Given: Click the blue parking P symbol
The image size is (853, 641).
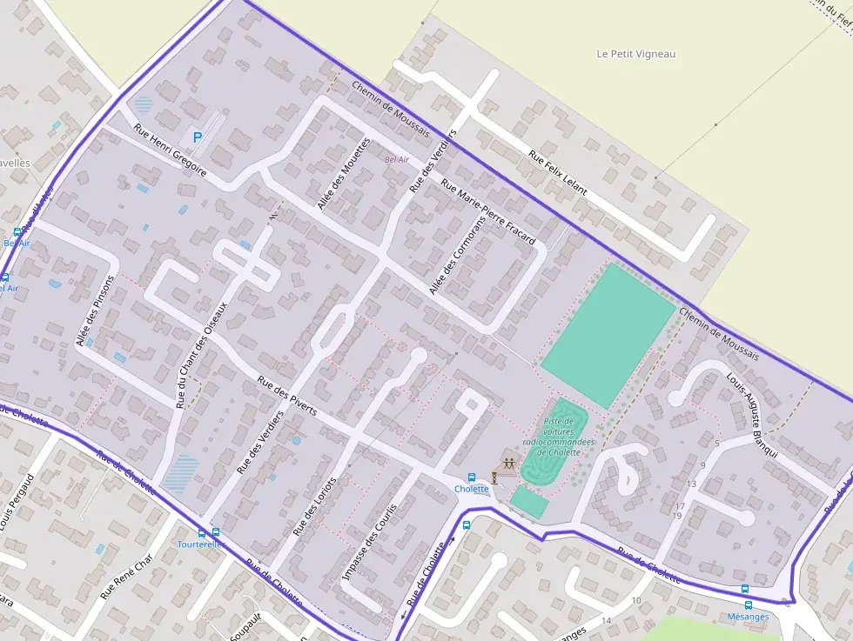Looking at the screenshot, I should [197, 137].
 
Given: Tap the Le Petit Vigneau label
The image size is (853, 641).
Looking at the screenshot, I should [635, 54].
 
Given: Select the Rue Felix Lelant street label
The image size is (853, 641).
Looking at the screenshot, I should [558, 172].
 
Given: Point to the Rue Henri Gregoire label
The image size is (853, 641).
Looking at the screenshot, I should [170, 150].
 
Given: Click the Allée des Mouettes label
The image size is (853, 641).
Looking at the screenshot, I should [344, 173].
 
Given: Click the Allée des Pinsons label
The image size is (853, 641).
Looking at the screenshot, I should [96, 312].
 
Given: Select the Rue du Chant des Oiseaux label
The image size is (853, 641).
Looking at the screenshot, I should [201, 355].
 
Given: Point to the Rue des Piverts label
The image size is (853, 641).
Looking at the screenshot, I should [287, 396].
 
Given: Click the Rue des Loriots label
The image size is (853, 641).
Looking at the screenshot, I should [315, 507].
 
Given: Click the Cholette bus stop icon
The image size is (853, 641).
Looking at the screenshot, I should [472, 477].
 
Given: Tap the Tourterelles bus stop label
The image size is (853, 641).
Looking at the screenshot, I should [201, 544].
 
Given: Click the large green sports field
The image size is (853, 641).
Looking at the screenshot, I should [608, 334].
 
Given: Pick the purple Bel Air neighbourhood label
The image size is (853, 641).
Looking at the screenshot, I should [396, 160].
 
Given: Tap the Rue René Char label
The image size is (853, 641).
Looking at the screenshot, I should [126, 576].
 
